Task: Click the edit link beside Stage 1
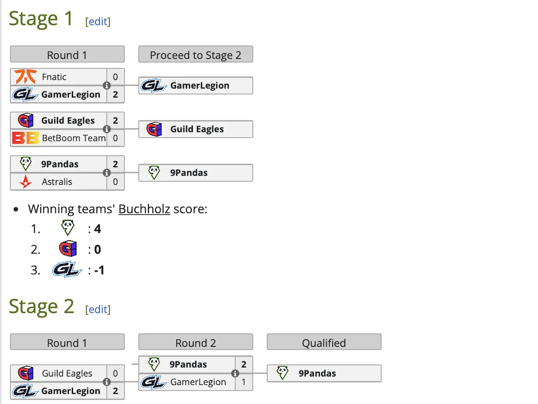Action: (x=98, y=21)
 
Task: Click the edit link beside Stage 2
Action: (x=98, y=309)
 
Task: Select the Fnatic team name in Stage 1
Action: (x=54, y=77)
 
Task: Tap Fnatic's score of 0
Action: (x=115, y=77)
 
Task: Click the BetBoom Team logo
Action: (x=25, y=138)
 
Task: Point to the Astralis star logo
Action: (x=25, y=182)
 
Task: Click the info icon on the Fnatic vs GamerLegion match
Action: (x=107, y=86)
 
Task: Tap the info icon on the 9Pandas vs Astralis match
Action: (x=107, y=173)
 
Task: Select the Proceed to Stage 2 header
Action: (x=195, y=55)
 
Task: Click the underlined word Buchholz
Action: (x=144, y=209)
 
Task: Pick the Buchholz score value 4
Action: (x=98, y=229)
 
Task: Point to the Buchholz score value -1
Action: (x=99, y=270)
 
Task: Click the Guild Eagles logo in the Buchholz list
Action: (x=68, y=249)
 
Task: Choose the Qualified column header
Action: (x=324, y=343)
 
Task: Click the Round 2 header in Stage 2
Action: (x=195, y=343)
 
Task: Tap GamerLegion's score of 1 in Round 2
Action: (x=244, y=382)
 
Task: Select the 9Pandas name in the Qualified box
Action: (x=317, y=373)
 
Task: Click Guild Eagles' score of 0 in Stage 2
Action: (x=115, y=373)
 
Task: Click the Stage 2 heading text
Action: (x=41, y=306)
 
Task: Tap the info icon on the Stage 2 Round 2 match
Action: (x=235, y=373)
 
